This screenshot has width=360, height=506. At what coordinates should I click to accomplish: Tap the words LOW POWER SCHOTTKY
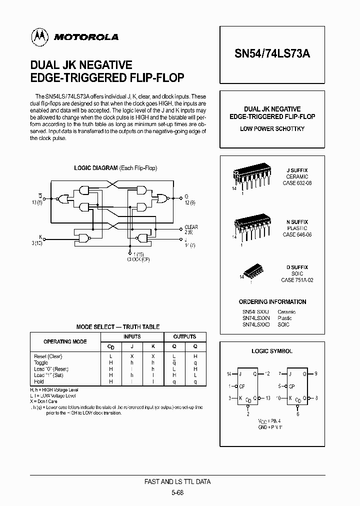tap(272, 129)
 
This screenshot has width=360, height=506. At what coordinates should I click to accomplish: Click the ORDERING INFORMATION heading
tap(272, 302)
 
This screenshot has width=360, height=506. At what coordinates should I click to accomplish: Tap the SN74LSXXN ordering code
tap(256, 318)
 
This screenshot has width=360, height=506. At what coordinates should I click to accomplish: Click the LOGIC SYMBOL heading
tap(272, 351)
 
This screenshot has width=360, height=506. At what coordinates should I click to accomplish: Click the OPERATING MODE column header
tap(65, 341)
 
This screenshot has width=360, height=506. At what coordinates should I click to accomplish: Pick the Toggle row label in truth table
tap(41, 362)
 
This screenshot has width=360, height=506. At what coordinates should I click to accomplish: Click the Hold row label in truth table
tap(39, 381)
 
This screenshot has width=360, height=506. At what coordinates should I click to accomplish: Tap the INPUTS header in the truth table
tap(132, 337)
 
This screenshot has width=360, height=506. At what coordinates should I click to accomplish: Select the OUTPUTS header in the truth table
tap(184, 337)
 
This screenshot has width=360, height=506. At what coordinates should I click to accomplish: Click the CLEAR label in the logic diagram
tap(191, 227)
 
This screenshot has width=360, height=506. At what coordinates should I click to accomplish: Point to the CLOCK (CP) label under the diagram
tap(139, 259)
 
